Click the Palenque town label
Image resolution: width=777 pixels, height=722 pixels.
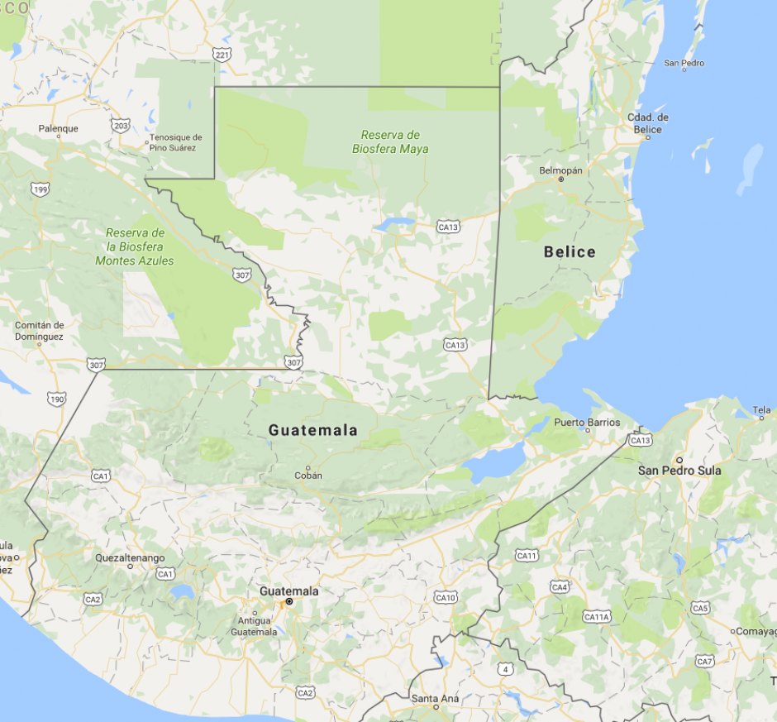[x=59, y=128]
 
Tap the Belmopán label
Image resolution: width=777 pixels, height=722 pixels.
[x=560, y=170]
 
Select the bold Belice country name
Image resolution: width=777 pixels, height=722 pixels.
[x=570, y=251]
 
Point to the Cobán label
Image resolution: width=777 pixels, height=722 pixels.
[x=308, y=476]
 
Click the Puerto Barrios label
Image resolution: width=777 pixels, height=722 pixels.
[x=587, y=423]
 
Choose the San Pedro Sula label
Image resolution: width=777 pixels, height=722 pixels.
[x=679, y=470]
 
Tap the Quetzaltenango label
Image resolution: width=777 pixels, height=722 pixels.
[x=130, y=557]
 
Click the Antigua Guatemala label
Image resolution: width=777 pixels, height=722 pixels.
[x=254, y=626]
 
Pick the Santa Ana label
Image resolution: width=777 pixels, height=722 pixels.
[x=435, y=699]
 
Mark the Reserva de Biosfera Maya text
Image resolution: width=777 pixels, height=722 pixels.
[x=390, y=141]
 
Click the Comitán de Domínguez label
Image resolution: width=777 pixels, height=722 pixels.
[x=39, y=331]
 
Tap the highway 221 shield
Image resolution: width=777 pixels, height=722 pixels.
[x=222, y=55]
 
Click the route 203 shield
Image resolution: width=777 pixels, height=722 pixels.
[x=121, y=126]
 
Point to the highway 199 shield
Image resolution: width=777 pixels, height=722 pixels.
[x=40, y=190]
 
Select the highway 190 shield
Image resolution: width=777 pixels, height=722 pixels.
[x=57, y=399]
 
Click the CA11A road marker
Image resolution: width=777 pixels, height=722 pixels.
[x=596, y=617]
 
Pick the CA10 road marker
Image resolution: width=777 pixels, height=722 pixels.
[x=446, y=597]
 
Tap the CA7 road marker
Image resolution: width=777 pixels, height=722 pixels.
[x=704, y=661]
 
